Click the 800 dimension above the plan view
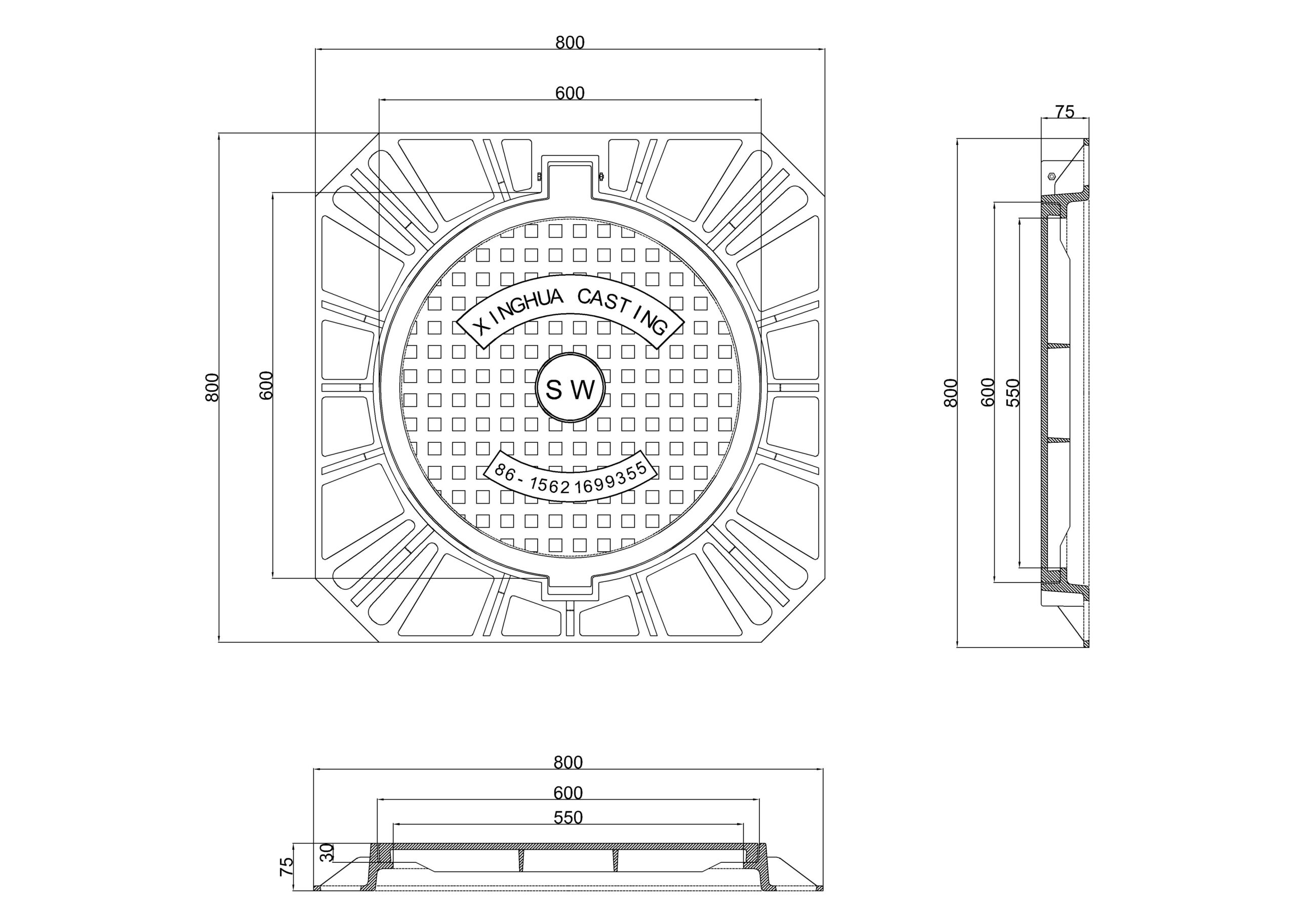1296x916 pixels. pos(570,43)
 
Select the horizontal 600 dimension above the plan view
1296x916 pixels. pos(570,93)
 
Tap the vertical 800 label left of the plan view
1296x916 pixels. pos(212,388)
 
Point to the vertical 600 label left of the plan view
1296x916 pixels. pos(266,386)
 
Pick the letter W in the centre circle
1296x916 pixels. pos(584,390)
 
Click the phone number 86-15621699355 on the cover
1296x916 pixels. pos(570,477)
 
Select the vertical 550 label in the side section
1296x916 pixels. pos(1013,393)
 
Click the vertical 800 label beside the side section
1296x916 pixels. pos(951,393)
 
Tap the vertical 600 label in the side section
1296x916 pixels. pos(987,392)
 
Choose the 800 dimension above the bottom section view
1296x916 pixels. pos(568,763)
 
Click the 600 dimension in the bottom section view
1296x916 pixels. pos(568,793)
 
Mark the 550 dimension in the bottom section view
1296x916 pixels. pos(568,818)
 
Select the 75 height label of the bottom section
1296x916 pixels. pos(287,866)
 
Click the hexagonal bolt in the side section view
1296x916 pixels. pos(1051,176)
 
